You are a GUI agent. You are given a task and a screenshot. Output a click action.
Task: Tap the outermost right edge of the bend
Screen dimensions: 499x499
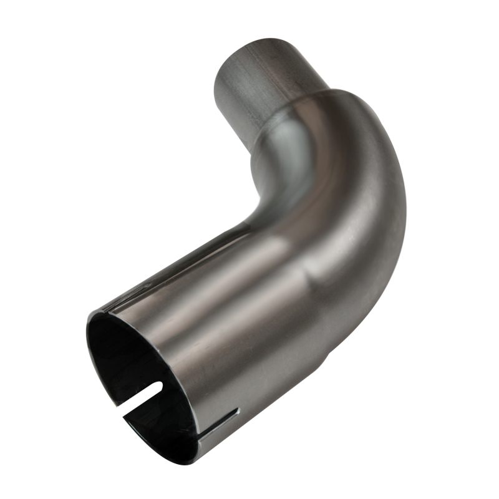pos(406,206)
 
